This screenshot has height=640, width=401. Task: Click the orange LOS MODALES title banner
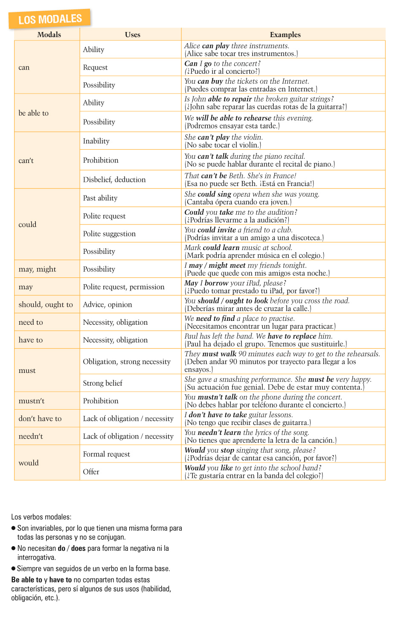[x=50, y=19]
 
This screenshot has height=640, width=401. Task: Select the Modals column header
[x=49, y=35]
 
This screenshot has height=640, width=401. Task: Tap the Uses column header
[x=132, y=35]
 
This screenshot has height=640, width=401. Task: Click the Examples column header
[x=285, y=35]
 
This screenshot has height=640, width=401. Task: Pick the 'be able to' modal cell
[x=34, y=113]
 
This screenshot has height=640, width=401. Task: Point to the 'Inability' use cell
[x=96, y=141]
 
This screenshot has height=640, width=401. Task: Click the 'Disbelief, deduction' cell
[x=114, y=180]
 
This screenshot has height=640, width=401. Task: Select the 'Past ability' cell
[x=100, y=198]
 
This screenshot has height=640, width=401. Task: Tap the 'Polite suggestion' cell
[x=109, y=234]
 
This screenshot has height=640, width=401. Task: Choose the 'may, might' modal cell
[x=38, y=269]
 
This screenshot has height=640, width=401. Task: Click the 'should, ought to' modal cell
[x=46, y=305]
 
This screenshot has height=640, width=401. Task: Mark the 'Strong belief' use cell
[x=102, y=383]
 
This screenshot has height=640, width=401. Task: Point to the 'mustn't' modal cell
[x=32, y=401]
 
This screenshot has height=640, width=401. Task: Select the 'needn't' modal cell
[x=31, y=436]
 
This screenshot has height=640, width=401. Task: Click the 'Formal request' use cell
[x=106, y=454]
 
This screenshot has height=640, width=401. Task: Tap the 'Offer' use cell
[x=91, y=472]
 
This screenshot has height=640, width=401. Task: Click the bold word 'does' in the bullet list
[x=78, y=548]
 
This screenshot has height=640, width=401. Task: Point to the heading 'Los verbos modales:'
[x=41, y=517]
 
